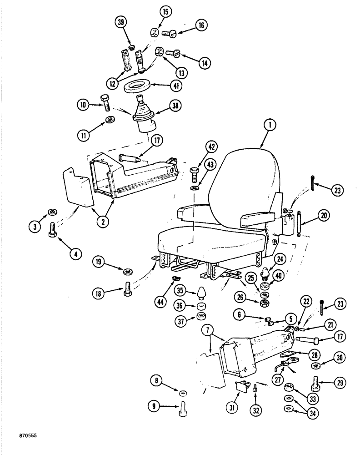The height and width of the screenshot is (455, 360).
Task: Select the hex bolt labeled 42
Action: [194, 174]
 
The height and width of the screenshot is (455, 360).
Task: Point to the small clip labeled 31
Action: [241, 386]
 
